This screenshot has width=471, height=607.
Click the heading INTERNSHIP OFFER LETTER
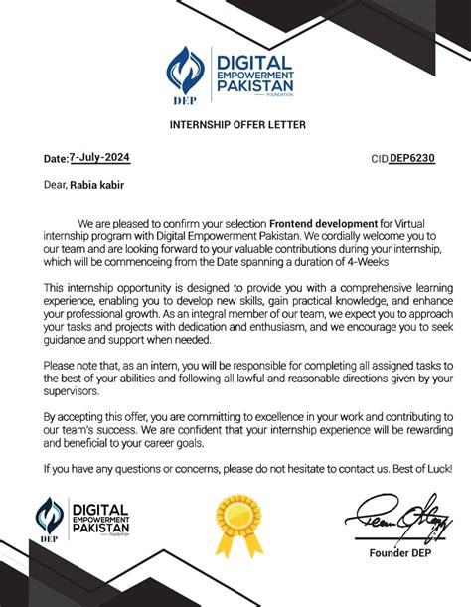235,124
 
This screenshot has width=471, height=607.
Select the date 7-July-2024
98,158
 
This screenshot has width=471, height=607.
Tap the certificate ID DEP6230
411,158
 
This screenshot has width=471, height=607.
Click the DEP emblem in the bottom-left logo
50,519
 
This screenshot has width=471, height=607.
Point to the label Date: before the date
54,159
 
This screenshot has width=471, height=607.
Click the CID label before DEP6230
379,159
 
